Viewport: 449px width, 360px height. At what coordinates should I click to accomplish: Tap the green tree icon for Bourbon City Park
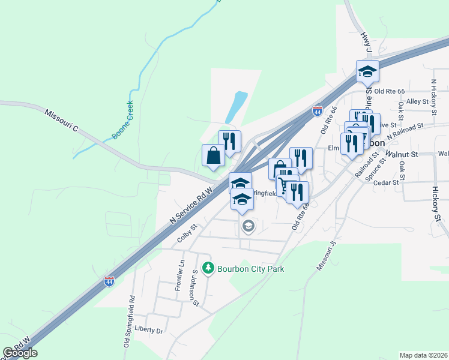pos(208,268)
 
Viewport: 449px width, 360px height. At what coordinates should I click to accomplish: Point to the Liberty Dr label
pos(149,330)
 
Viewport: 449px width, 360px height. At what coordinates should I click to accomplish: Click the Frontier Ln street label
pos(179,277)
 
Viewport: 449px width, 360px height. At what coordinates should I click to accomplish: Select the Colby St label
pos(187,233)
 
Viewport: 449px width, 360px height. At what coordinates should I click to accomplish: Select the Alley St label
pos(417,102)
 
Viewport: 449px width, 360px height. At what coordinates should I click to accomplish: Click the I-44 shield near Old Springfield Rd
pos(109,281)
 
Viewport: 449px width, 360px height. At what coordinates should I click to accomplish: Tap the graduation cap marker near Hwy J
pos(367,72)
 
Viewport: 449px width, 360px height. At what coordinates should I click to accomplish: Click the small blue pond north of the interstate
pos(235,107)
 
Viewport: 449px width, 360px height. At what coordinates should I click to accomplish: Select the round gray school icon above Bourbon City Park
pos(248,226)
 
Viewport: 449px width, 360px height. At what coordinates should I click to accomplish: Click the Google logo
pos(20,353)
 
